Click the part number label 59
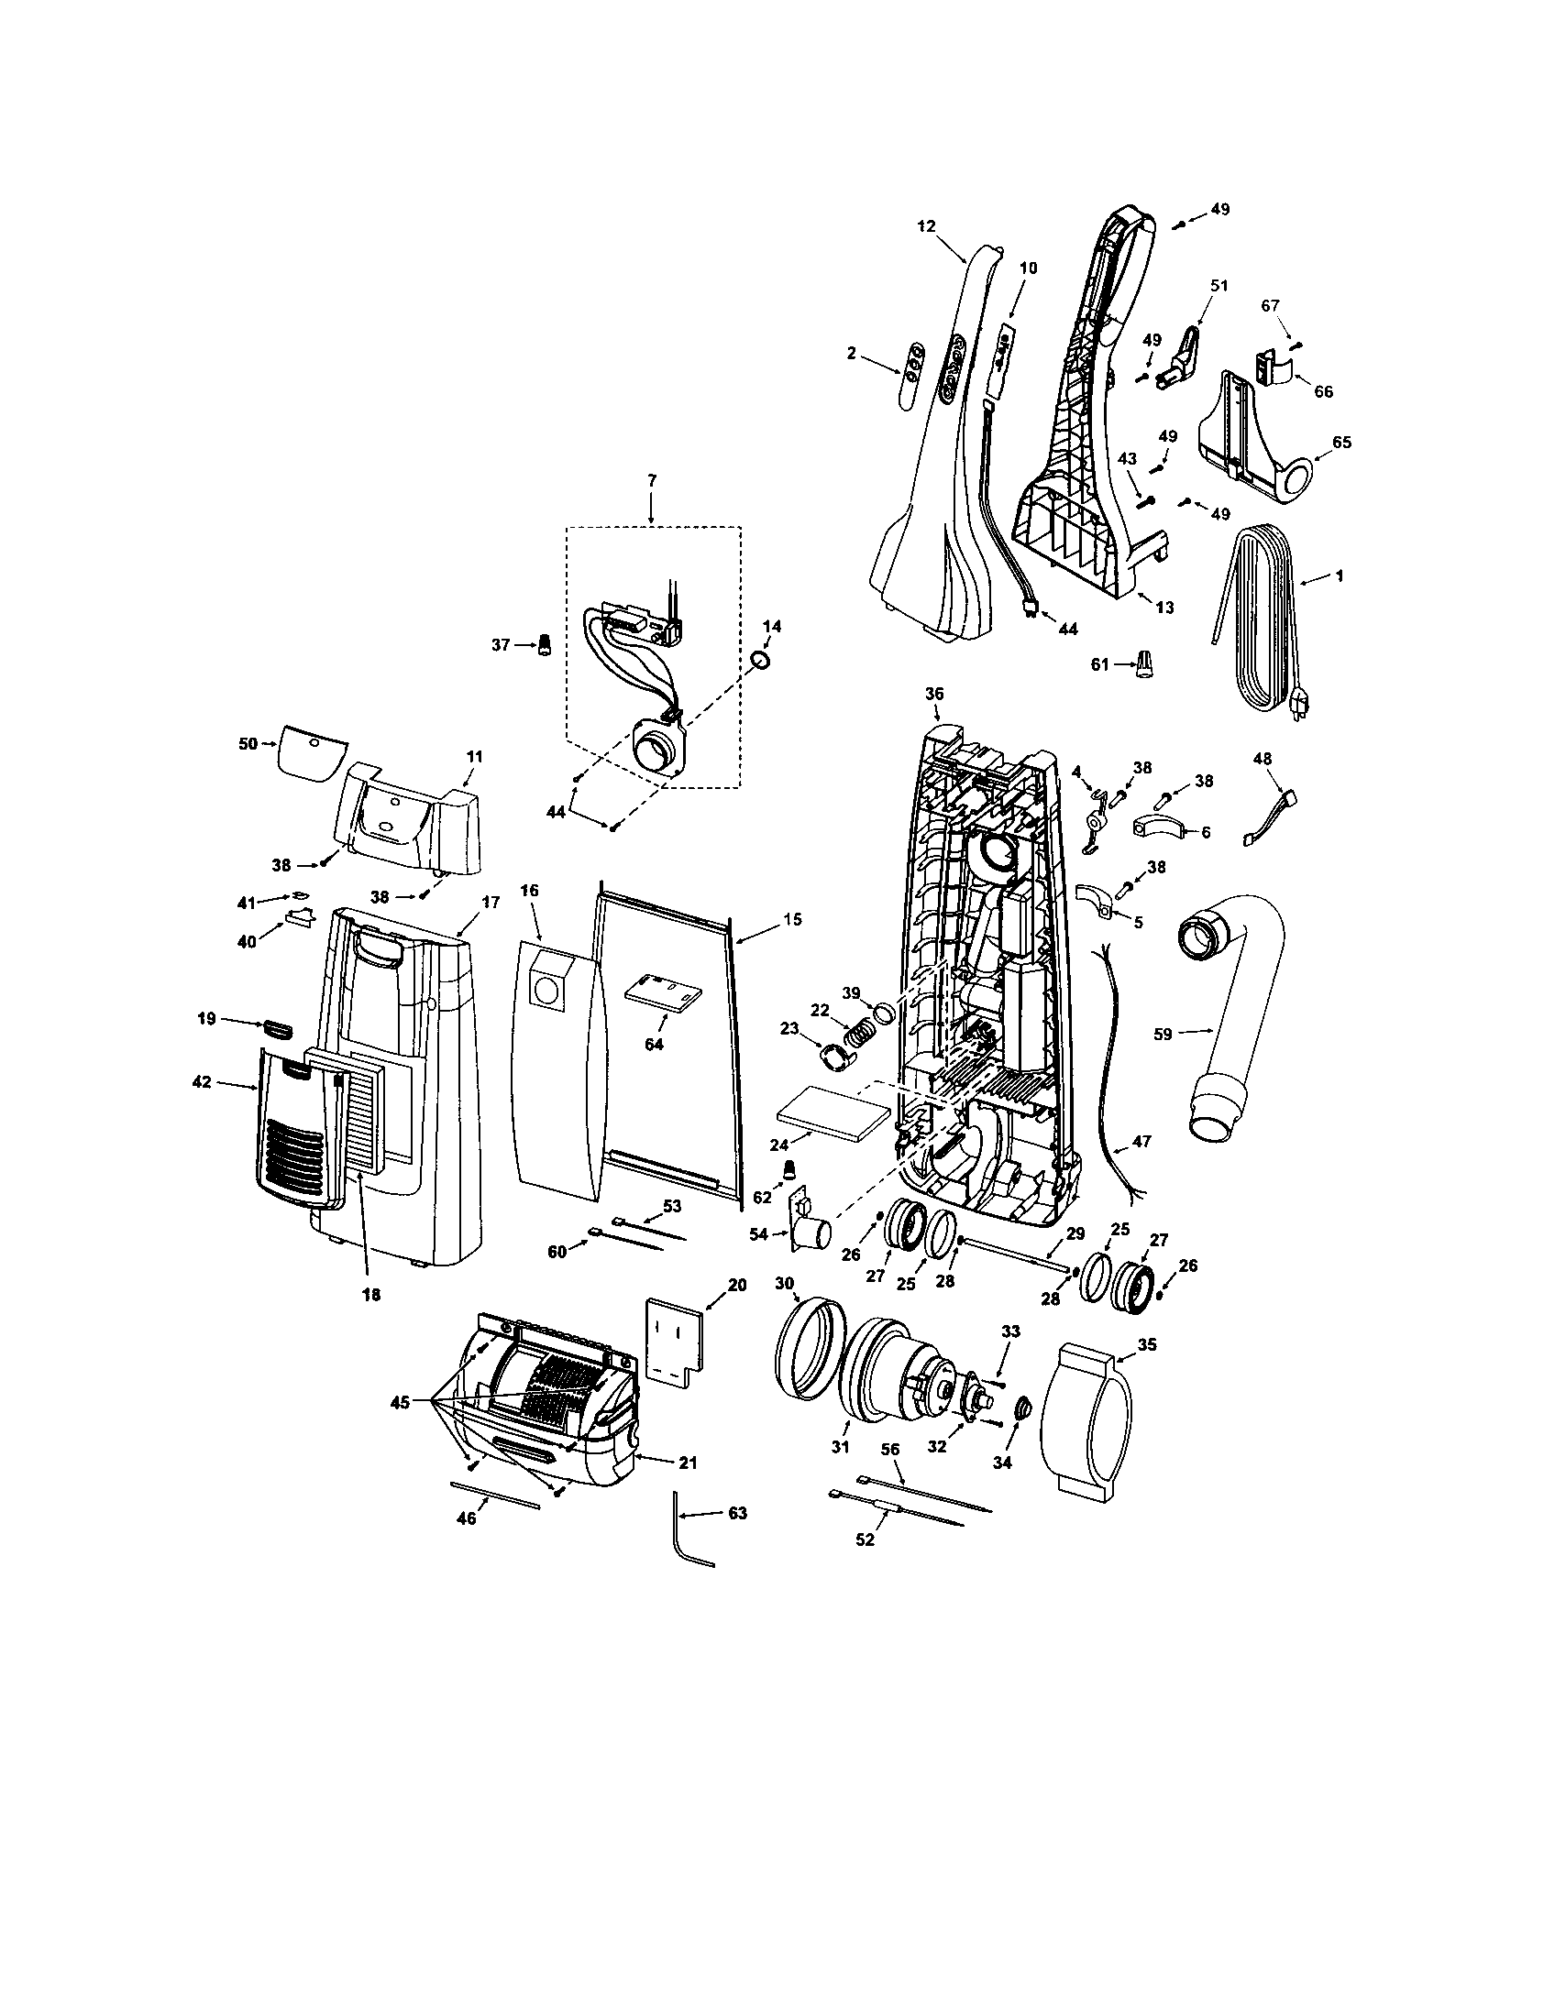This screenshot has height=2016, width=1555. pos(1163,1034)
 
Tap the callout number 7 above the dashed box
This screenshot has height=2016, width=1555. pos(651,481)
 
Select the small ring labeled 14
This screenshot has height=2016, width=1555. pos(759,660)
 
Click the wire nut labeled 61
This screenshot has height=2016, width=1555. pos(1145,663)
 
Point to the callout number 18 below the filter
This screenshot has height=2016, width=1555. pos(370,1295)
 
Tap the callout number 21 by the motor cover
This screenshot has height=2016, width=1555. pos(688,1463)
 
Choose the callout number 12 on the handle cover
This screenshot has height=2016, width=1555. pos(927,226)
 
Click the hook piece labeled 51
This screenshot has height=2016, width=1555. pos(1185,360)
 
